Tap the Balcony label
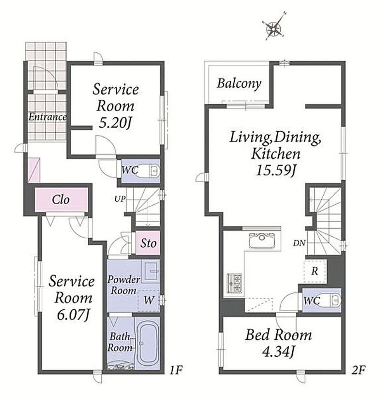(x=239, y=84)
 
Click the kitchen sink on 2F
(x=262, y=240)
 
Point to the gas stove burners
(x=234, y=283)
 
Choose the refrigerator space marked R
(x=314, y=271)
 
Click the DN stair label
(x=299, y=243)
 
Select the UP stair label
(x=120, y=199)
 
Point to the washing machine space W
(x=149, y=300)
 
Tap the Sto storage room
(x=148, y=243)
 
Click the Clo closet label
(x=61, y=200)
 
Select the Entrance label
(x=47, y=117)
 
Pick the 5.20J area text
(x=115, y=123)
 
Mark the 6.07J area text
(x=73, y=315)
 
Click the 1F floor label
(x=176, y=371)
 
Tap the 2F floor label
(x=358, y=371)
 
